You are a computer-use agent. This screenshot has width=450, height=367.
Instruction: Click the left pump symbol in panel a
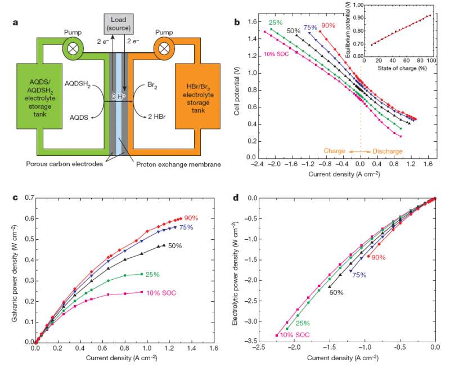coord(73,48)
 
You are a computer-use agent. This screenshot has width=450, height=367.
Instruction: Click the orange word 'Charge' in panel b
coord(335,151)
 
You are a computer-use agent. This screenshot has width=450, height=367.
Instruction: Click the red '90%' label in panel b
coord(328,25)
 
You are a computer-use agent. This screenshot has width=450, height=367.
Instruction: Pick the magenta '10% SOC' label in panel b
coord(278,54)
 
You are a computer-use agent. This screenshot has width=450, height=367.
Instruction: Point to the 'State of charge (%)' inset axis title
coord(402,68)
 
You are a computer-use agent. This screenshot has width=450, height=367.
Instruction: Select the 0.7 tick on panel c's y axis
coord(28,198)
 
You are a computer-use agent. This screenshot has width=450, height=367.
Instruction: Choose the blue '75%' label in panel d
coord(358,275)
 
